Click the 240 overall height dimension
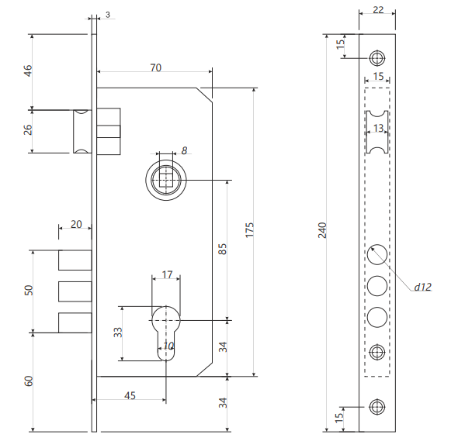[x=322, y=230]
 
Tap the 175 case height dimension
[x=250, y=230]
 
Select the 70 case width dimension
[x=156, y=67]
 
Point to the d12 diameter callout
[x=422, y=287]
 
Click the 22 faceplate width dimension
[x=378, y=10]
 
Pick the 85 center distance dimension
[x=222, y=250]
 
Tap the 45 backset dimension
[x=130, y=395]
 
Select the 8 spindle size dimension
[x=184, y=150]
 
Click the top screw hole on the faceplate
[x=377, y=58]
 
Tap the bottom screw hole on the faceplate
[x=377, y=407]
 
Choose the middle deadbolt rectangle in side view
[x=75, y=291]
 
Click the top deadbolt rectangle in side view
[x=75, y=260]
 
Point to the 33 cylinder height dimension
[x=118, y=333]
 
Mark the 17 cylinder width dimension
[x=167, y=274]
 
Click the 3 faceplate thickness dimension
[x=108, y=15]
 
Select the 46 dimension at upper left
[x=28, y=71]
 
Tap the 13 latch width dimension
[x=378, y=128]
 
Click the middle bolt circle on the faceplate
[x=377, y=286]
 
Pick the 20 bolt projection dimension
[x=76, y=224]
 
